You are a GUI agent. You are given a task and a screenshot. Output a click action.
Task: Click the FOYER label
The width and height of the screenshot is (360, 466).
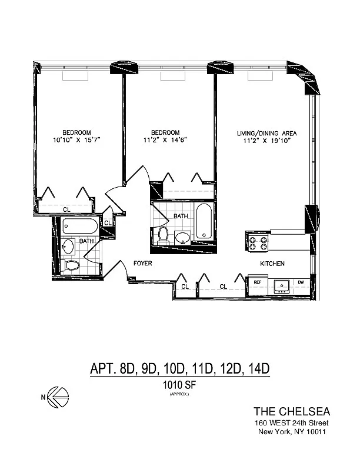142,263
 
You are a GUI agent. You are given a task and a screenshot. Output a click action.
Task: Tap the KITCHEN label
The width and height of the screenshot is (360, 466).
272,264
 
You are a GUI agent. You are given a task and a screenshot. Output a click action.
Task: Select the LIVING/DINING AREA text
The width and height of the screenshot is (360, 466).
266,134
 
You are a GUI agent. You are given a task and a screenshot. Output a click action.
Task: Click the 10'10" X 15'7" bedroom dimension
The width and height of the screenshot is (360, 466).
77,139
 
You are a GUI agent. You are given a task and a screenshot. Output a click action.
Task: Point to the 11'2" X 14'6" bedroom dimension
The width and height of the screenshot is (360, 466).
165,139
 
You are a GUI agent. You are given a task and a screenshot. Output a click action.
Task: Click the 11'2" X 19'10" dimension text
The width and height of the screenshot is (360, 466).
266,141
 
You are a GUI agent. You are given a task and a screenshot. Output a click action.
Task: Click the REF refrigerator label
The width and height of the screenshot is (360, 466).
258,282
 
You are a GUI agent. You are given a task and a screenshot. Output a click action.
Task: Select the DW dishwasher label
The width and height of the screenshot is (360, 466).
301,282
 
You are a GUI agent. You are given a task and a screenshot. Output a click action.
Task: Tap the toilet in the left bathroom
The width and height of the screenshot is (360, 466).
71,265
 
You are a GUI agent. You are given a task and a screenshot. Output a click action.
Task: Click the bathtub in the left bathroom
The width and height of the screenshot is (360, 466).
80,227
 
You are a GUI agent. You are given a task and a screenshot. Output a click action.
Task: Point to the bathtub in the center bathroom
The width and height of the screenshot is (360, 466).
204,221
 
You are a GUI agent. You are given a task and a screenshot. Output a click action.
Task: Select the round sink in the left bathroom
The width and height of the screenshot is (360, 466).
69,247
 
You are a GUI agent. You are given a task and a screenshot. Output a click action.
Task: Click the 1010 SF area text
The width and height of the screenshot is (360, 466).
179,385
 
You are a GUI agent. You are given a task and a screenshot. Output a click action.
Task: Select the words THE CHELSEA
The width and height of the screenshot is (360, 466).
292,412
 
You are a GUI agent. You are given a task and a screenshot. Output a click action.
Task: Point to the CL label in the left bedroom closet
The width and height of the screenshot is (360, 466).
67,209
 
